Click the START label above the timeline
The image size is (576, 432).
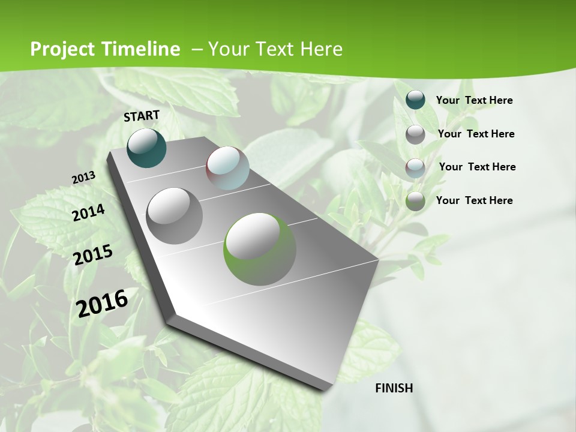tap(142, 116)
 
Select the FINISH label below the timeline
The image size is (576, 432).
tap(394, 388)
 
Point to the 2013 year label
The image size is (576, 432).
tap(84, 178)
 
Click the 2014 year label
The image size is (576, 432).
tap(89, 212)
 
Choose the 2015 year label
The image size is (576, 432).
tap(93, 254)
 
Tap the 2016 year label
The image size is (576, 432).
tap(103, 303)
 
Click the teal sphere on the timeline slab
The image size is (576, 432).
tap(147, 148)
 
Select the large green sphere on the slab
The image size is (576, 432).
tap(260, 249)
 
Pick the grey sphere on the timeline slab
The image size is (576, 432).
tap(175, 216)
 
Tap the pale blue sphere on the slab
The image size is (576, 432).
tap(227, 168)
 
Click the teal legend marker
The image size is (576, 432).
tap(415, 100)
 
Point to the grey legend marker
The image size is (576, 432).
tap(415, 134)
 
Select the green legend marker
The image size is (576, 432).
tap(415, 201)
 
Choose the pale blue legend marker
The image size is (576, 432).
tap(415, 167)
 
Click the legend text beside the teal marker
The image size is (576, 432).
tap(475, 100)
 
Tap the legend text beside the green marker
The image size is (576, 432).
tap(475, 200)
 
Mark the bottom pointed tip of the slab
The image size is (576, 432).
tap(327, 388)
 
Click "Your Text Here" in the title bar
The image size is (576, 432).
tap(275, 49)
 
